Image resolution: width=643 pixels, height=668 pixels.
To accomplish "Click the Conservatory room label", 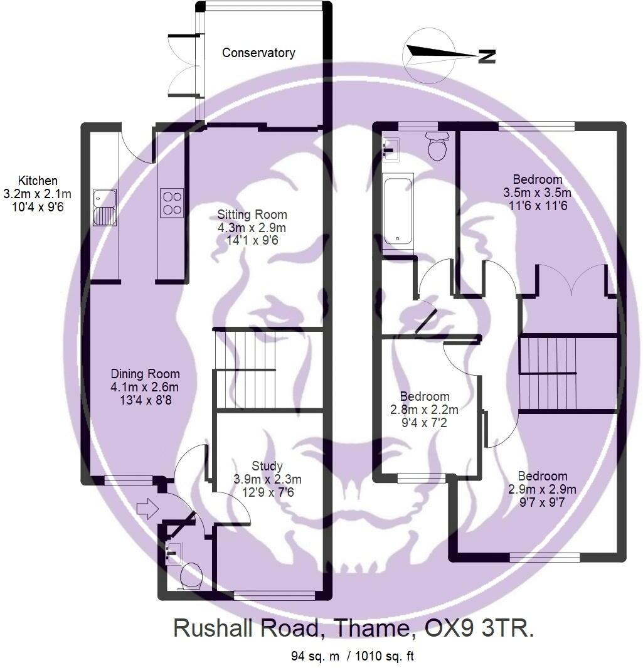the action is (258, 53).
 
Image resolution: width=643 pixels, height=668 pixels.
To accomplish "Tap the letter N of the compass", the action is (487, 56).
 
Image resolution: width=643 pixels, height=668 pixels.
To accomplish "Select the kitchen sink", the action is (104, 207).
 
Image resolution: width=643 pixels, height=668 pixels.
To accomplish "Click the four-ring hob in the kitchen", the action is (171, 203).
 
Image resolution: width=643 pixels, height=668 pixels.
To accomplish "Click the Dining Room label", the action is (144, 374).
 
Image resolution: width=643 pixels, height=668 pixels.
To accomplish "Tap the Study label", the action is (267, 466).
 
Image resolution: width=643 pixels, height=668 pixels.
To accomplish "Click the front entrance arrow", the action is (145, 508).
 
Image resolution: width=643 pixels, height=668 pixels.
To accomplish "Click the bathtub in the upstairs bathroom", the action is (398, 211).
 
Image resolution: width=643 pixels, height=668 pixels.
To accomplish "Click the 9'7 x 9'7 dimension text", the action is (541, 502).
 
